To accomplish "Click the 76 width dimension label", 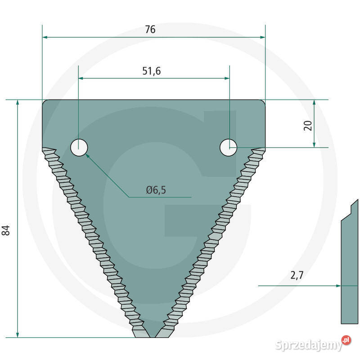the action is click(150, 29).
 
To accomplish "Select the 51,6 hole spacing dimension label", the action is click(152, 71).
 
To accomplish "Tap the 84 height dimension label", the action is click(6, 230).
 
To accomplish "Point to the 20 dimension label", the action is click(308, 126).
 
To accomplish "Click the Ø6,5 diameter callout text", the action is click(156, 190).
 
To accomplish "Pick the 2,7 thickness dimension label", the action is click(297, 275).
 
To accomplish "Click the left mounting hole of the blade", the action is click(79, 148).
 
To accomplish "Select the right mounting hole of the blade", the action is click(228, 148).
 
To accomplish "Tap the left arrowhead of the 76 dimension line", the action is click(45, 37).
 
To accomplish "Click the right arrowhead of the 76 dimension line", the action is click(262, 37).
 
